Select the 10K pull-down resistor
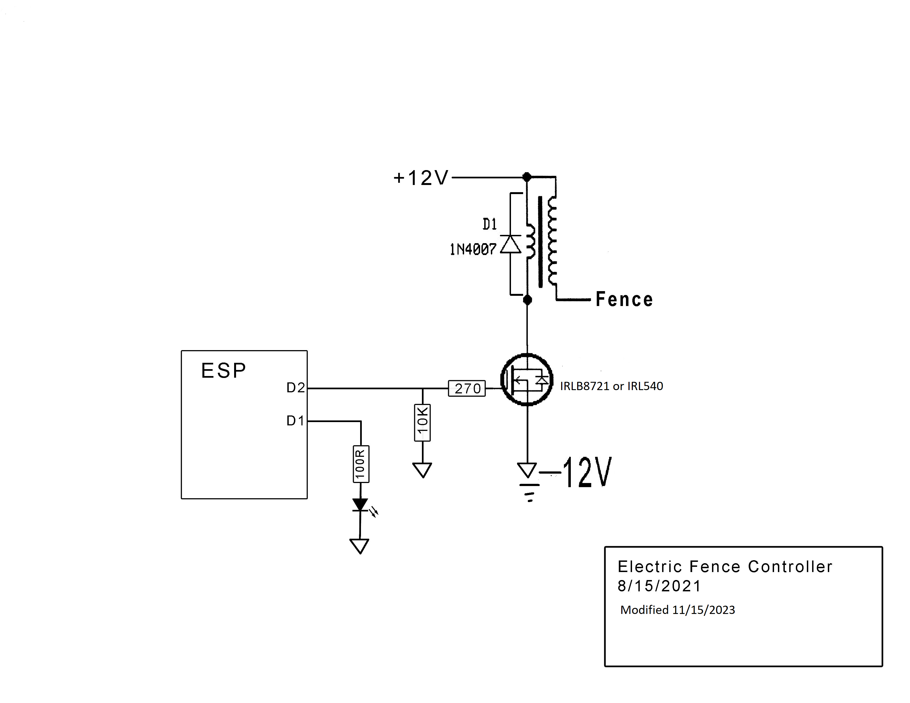pyautogui.click(x=422, y=422)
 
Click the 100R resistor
pyautogui.click(x=361, y=464)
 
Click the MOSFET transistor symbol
pyautogui.click(x=527, y=379)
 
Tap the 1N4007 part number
pyautogui.click(x=473, y=249)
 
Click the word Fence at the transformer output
pyautogui.click(x=624, y=299)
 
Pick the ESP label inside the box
pyautogui.click(x=224, y=370)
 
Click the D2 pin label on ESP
pyautogui.click(x=295, y=388)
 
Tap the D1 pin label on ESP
pyautogui.click(x=295, y=421)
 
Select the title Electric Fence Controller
pyautogui.click(x=725, y=567)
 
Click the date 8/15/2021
pyautogui.click(x=659, y=586)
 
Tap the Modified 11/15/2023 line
pyautogui.click(x=678, y=610)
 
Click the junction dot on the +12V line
pyautogui.click(x=527, y=177)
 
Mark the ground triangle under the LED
pyautogui.click(x=360, y=546)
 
